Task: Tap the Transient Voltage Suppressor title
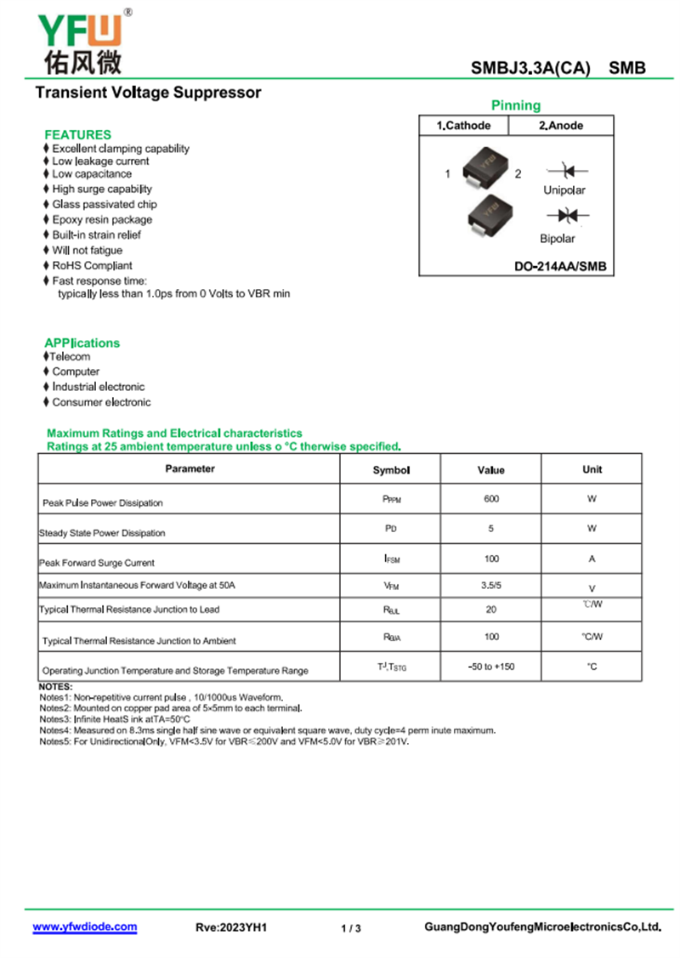click(x=148, y=93)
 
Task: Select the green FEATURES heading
click(x=77, y=134)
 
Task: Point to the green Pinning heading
click(x=515, y=105)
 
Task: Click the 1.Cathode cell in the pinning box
click(x=463, y=126)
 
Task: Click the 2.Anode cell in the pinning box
click(x=561, y=126)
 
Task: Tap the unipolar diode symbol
click(x=564, y=172)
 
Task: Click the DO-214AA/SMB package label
click(x=560, y=266)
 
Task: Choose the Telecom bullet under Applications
click(x=71, y=357)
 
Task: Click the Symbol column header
click(x=391, y=470)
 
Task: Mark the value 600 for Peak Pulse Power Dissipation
click(x=491, y=499)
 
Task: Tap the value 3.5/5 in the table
click(x=491, y=585)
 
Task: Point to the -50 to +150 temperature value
click(x=491, y=666)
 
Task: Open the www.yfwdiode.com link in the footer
click(x=84, y=927)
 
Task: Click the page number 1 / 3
click(x=351, y=928)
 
